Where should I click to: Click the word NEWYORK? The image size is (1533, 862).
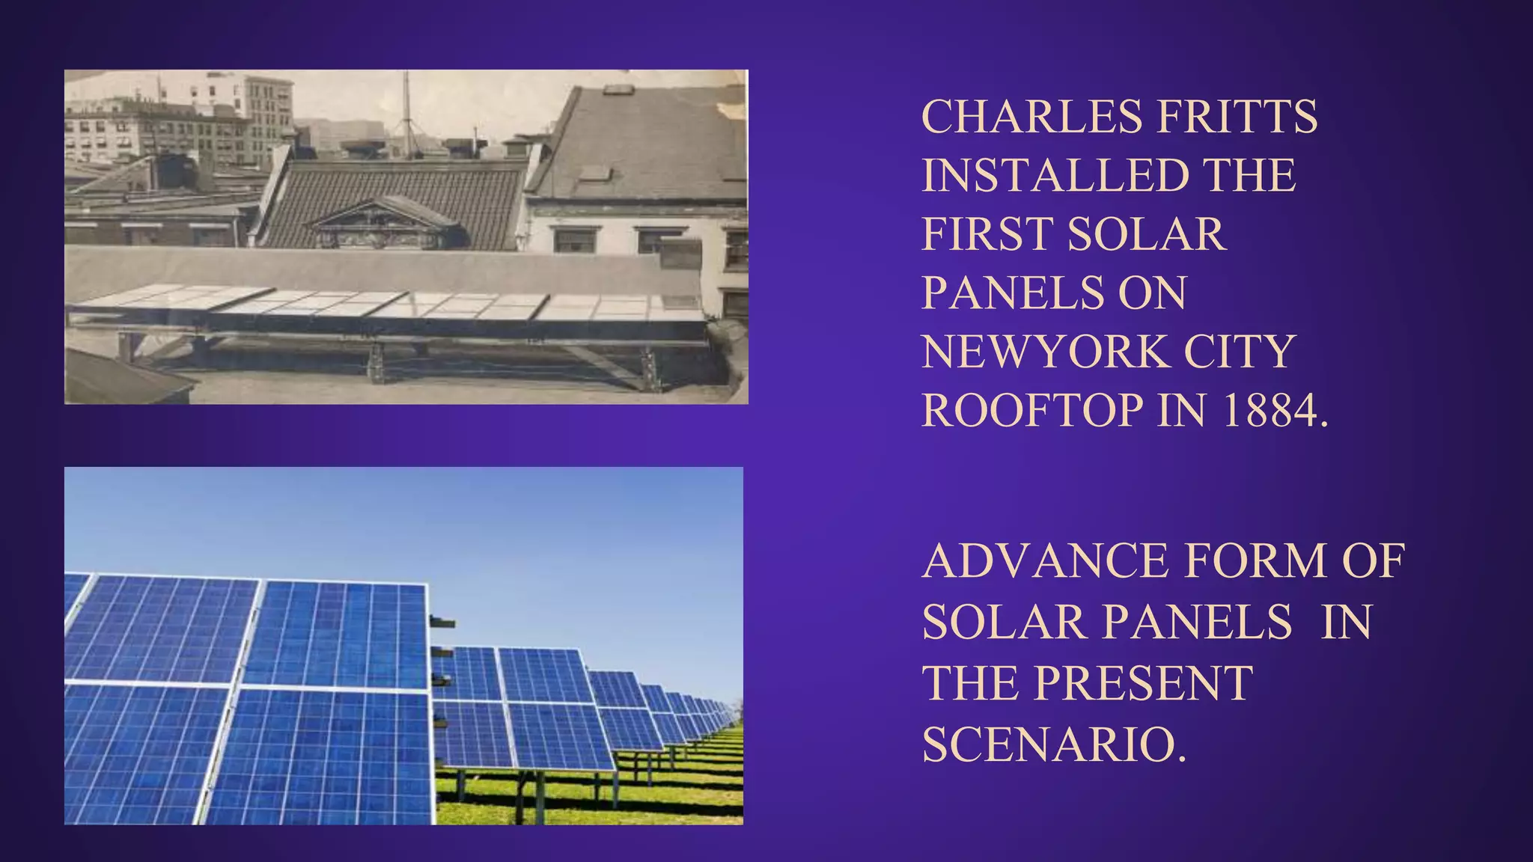[x=1044, y=351]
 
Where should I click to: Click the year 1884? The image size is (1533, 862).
[x=1275, y=410]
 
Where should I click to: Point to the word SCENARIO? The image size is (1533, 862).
[x=1054, y=745]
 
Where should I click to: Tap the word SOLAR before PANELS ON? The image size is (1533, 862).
[x=1147, y=233]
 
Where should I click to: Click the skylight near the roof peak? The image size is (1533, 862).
[x=618, y=89]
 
